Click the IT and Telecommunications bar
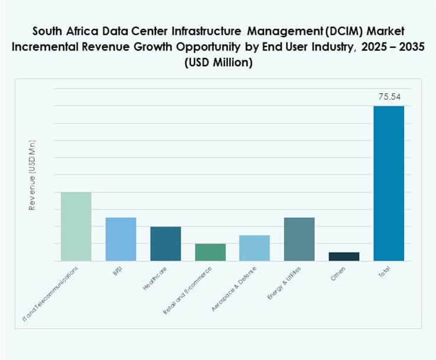[76, 226]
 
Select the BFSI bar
[121, 239]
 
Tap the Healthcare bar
[165, 243]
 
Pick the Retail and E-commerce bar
[210, 252]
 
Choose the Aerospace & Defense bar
[255, 248]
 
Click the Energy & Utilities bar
[299, 239]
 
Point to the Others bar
[344, 256]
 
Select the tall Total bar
[389, 183]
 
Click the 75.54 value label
[389, 97]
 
